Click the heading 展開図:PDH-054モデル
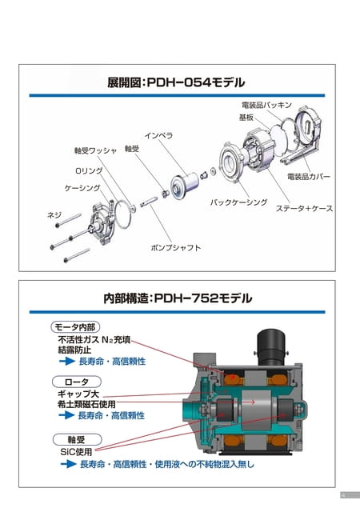(176, 82)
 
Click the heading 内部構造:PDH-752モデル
(178, 298)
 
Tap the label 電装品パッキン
(266, 105)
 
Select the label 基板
(246, 118)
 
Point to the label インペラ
(158, 135)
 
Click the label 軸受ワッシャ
(95, 150)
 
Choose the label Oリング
(89, 170)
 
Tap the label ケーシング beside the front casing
(82, 188)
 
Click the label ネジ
(54, 215)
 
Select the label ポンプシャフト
(176, 247)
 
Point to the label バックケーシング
(238, 202)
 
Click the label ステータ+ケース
(305, 208)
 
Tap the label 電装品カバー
(309, 177)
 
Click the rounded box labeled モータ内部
(75, 327)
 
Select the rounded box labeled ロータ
(77, 382)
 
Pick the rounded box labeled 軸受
(77, 439)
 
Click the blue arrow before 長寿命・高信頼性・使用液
(68, 464)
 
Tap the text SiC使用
(76, 452)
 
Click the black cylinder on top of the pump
(271, 347)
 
